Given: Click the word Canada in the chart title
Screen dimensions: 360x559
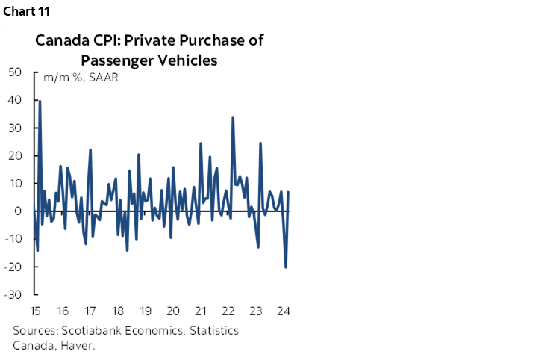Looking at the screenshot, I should [62, 40].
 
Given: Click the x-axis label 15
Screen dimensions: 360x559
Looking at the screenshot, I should [34, 311].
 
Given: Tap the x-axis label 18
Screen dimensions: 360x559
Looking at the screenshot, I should [117, 311].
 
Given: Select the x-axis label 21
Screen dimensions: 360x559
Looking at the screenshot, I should [200, 311].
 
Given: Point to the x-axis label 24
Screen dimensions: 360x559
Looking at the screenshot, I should [283, 311].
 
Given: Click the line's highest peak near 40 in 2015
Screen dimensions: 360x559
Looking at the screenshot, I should [40, 101].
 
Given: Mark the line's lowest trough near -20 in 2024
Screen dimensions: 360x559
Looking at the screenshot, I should [286, 267].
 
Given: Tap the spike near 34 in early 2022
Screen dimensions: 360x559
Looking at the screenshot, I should [233, 117].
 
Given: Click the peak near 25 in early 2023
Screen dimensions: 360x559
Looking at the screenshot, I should [260, 143].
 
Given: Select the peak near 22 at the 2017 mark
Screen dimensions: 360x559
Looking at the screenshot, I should [90, 150].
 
